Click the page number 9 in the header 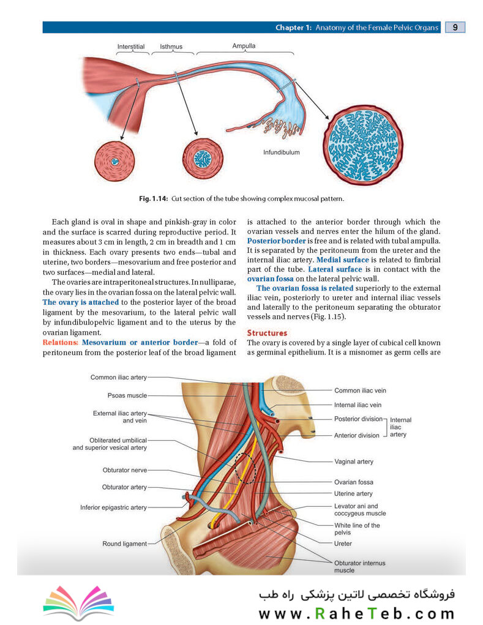[x=455, y=27]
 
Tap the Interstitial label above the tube [x=131, y=47]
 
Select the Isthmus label [x=171, y=47]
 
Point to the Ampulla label [x=244, y=46]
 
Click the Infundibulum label [x=282, y=152]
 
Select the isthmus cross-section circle [x=203, y=159]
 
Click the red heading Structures [x=267, y=333]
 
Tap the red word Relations [x=61, y=342]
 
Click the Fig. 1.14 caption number [x=154, y=198]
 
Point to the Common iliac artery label [x=118, y=378]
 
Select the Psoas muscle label [x=127, y=396]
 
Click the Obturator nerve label [x=125, y=470]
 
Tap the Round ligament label [x=124, y=544]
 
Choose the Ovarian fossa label [x=353, y=482]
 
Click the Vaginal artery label [x=353, y=462]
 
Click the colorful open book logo [x=78, y=602]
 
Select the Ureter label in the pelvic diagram [x=343, y=544]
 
